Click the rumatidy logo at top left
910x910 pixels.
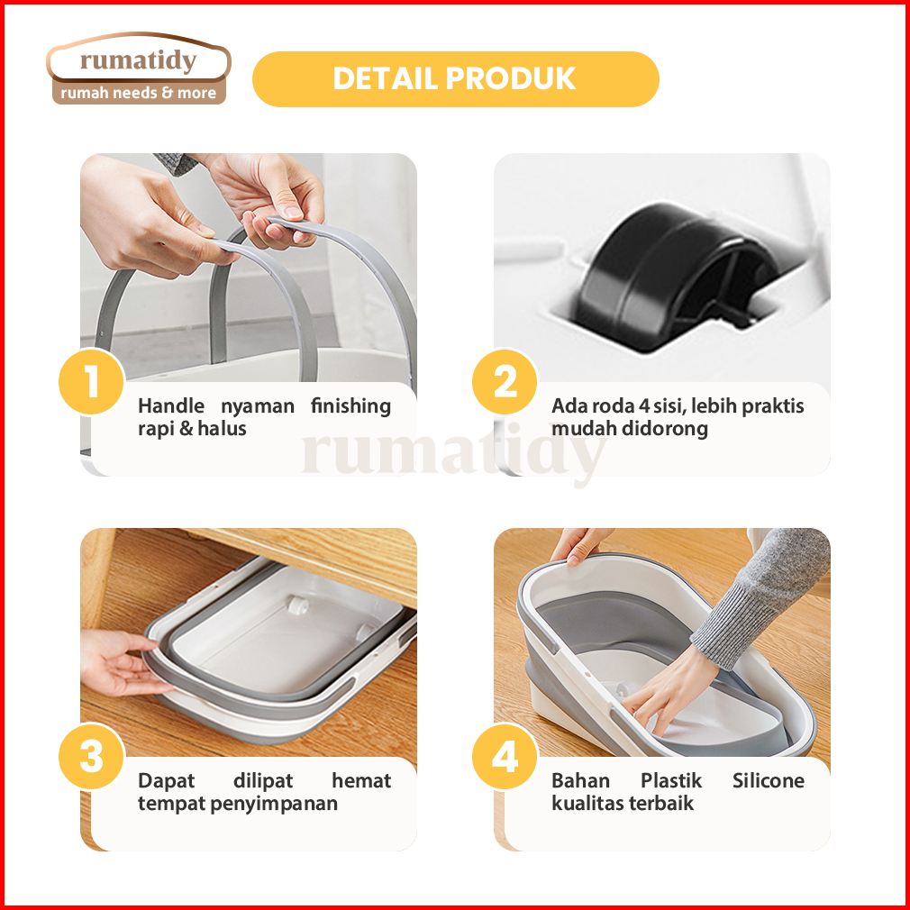click(138, 68)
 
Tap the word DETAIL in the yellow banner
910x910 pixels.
click(384, 79)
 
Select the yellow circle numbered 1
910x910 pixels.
click(92, 382)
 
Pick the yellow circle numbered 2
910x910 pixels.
click(505, 382)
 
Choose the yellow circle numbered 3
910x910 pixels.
click(92, 756)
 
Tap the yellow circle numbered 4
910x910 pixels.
click(505, 756)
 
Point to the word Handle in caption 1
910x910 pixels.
click(171, 405)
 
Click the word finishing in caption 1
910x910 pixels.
click(350, 406)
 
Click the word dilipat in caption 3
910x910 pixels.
click(263, 781)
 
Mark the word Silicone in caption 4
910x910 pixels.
click(768, 780)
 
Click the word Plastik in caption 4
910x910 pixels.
click(671, 780)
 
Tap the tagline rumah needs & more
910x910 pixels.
click(138, 93)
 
